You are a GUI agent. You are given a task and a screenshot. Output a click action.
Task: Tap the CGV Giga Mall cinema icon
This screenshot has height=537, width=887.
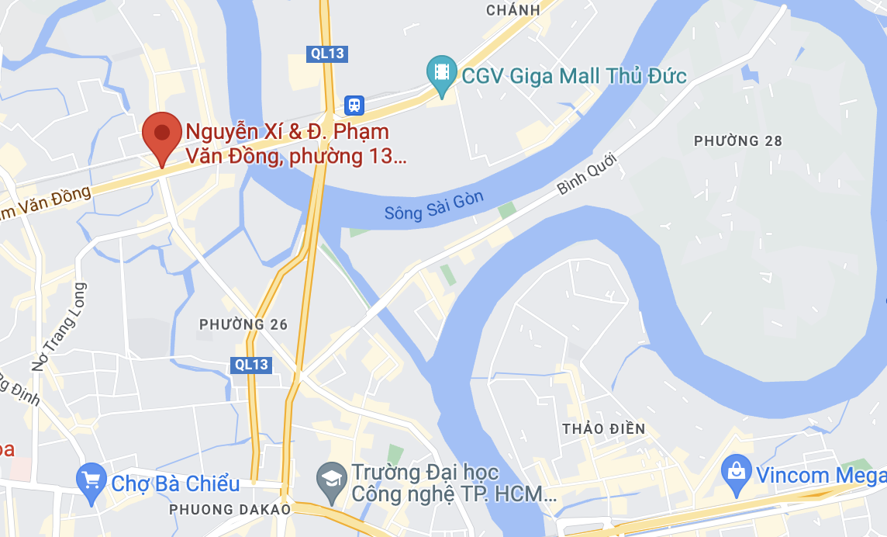click(x=442, y=73)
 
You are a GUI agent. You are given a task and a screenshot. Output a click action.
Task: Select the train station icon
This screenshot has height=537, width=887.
click(x=354, y=104)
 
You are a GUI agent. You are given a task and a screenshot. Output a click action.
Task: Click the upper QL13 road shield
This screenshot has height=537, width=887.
click(x=326, y=54)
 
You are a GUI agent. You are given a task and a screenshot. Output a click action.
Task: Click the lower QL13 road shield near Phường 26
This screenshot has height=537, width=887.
click(x=251, y=365)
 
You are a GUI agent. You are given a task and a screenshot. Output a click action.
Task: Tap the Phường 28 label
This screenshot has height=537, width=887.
click(x=738, y=141)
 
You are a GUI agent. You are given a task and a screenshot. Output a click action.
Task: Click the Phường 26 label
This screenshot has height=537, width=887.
click(x=243, y=324)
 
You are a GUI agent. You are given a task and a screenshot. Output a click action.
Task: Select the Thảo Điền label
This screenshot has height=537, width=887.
click(x=604, y=429)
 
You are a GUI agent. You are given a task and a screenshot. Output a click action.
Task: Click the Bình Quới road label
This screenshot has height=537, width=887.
click(x=586, y=173)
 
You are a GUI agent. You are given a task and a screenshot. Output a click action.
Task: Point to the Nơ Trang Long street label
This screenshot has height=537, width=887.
click(x=59, y=326)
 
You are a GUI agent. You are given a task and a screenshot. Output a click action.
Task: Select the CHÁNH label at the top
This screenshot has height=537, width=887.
click(x=513, y=10)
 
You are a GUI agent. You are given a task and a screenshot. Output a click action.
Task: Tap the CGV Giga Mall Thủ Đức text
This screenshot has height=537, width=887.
click(x=574, y=76)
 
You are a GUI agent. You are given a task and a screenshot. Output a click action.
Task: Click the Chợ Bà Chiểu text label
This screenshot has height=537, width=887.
click(x=175, y=484)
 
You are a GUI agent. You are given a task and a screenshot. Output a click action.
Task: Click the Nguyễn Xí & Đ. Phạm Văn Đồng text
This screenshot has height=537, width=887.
click(x=295, y=144)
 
